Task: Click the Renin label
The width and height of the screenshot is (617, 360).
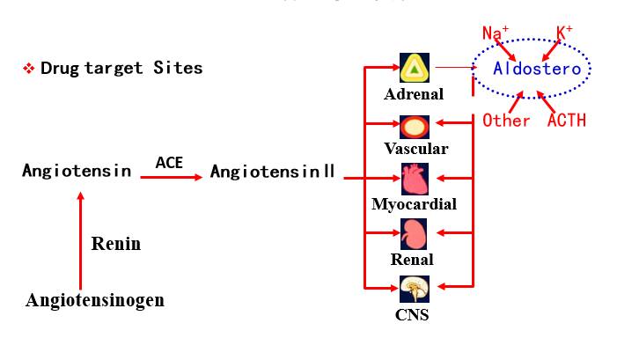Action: click(x=115, y=244)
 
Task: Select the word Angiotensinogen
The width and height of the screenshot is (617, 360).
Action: click(x=95, y=300)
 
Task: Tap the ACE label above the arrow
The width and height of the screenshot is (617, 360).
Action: click(x=169, y=162)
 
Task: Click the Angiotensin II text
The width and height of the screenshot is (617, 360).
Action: click(x=272, y=172)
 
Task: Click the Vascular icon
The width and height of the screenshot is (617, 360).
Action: click(x=414, y=126)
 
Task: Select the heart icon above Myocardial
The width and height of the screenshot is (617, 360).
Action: click(x=414, y=180)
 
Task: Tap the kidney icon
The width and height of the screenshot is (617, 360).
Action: click(x=414, y=234)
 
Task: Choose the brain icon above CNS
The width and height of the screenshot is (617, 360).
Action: click(x=414, y=289)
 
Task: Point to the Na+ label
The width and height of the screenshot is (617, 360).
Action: click(x=496, y=33)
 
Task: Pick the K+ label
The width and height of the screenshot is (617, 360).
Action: click(x=564, y=33)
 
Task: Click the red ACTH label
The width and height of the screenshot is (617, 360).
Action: click(x=566, y=121)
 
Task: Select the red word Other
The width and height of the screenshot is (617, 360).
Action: click(x=506, y=121)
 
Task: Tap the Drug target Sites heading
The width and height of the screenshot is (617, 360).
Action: click(x=121, y=68)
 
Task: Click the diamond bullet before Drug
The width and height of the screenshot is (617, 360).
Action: click(x=28, y=69)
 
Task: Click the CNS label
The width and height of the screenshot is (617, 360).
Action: click(x=412, y=314)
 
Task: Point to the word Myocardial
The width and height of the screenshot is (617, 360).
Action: click(x=414, y=204)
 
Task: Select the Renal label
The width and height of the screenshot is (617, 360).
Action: click(x=413, y=260)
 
